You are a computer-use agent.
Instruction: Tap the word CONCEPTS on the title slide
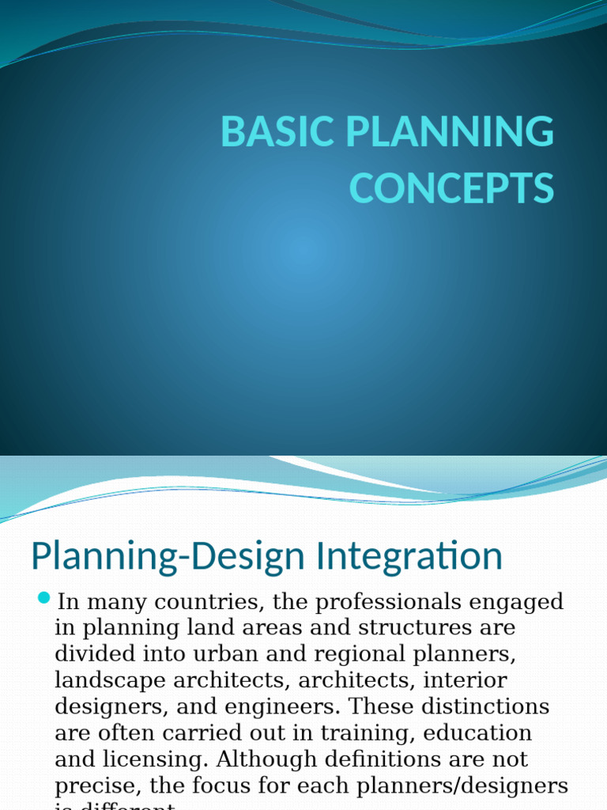[x=451, y=188]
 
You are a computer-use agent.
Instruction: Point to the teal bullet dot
[x=43, y=596]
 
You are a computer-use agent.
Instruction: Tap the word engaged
[x=517, y=602]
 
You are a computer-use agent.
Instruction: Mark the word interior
[x=466, y=680]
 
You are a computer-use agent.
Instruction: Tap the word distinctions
[x=481, y=706]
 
